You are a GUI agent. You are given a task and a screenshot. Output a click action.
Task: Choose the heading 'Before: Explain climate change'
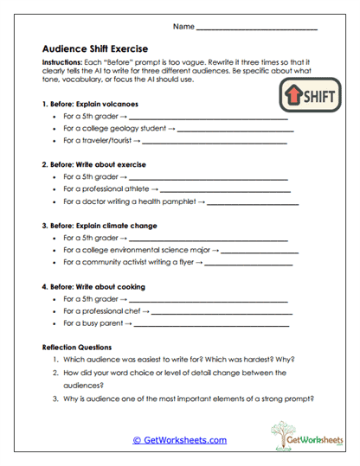coord(105,226)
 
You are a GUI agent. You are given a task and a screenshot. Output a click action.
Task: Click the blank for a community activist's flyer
coord(249,264)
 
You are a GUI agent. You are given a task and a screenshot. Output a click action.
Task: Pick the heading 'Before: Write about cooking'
coord(97,286)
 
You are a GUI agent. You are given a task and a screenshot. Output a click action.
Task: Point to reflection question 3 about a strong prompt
coord(188,399)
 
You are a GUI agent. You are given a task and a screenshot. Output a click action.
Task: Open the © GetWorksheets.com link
coord(180,439)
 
